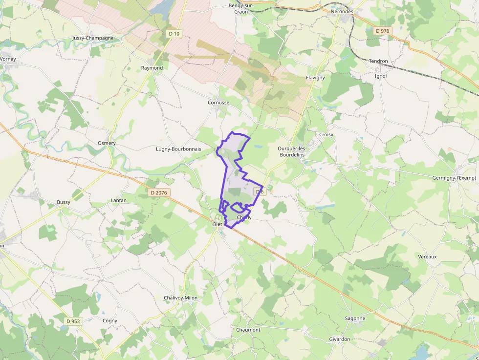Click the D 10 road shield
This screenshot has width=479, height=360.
[174, 34]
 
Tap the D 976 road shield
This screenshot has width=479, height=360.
[383, 31]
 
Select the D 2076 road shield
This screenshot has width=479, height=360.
[158, 192]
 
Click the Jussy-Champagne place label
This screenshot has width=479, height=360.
[93, 38]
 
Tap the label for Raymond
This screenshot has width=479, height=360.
[152, 68]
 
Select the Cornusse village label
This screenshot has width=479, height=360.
[218, 103]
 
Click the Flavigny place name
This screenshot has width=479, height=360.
[315, 78]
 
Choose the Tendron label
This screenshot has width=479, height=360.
[378, 62]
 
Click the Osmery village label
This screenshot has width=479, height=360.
[107, 143]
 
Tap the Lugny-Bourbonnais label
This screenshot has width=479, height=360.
[185, 149]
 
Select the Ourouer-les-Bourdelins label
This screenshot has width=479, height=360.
[291, 151]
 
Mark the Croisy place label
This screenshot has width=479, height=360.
[326, 135]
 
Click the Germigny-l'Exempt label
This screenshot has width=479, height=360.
[454, 178]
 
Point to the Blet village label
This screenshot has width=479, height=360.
[218, 224]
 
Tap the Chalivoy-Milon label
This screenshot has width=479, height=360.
[180, 297]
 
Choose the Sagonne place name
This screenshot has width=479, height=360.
[355, 318]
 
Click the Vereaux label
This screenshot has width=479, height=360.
[427, 256]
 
